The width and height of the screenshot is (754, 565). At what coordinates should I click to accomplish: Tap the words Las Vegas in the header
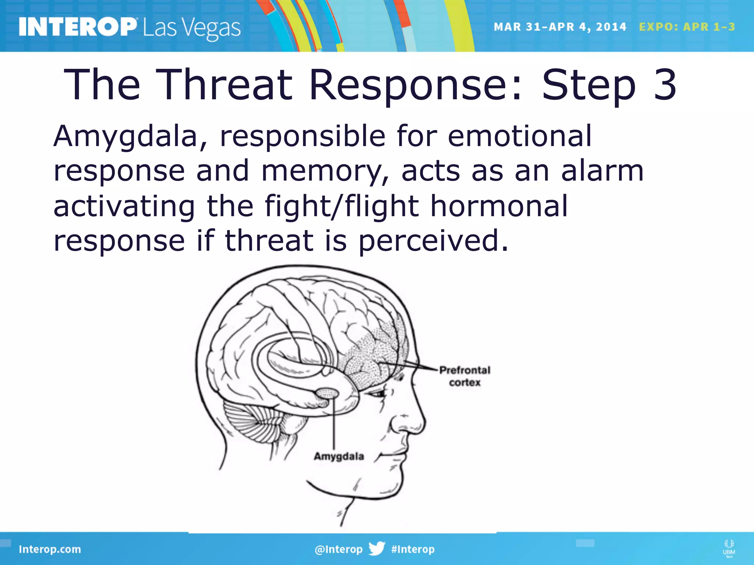tap(191, 28)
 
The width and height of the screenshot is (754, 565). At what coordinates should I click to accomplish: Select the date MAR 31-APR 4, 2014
tap(560, 27)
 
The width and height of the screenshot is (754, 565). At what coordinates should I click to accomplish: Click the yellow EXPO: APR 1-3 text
tap(687, 27)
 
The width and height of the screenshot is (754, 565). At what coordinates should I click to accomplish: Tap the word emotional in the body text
tap(519, 136)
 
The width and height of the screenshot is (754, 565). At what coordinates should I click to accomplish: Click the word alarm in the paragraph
tap(602, 171)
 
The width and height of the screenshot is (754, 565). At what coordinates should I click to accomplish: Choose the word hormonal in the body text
tap(499, 206)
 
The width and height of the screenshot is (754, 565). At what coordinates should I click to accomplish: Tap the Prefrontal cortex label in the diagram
tap(465, 376)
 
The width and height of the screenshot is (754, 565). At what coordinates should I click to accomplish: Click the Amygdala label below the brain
tap(339, 456)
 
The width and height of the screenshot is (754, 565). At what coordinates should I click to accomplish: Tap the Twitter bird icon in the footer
tap(377, 548)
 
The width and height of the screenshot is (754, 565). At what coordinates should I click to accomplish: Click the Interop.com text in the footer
tap(50, 549)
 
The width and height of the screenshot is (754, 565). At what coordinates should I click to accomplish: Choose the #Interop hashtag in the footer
tap(413, 549)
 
